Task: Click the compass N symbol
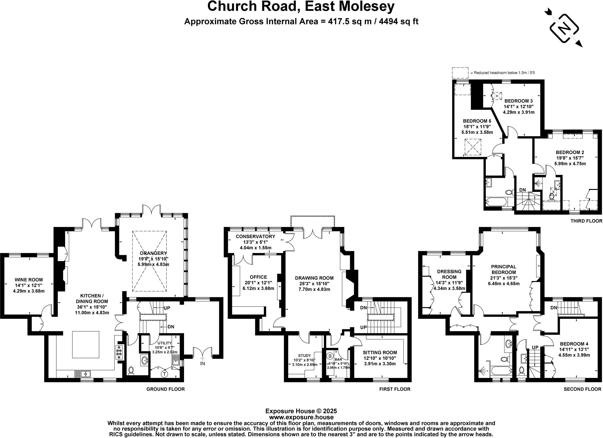tap(564, 29)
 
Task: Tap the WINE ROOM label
tap(29, 280)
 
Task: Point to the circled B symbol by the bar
tap(330, 356)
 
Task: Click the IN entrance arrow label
tap(203, 363)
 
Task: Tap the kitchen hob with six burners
tap(120, 352)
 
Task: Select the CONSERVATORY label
tap(255, 236)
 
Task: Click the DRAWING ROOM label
tap(314, 278)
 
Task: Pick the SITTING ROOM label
tap(380, 352)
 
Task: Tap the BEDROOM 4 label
tap(574, 344)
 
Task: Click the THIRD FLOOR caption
tap(586, 221)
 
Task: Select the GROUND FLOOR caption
tap(165, 389)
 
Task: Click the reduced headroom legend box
tap(460, 72)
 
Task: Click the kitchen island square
tap(86, 344)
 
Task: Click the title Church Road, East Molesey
tap(301, 6)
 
